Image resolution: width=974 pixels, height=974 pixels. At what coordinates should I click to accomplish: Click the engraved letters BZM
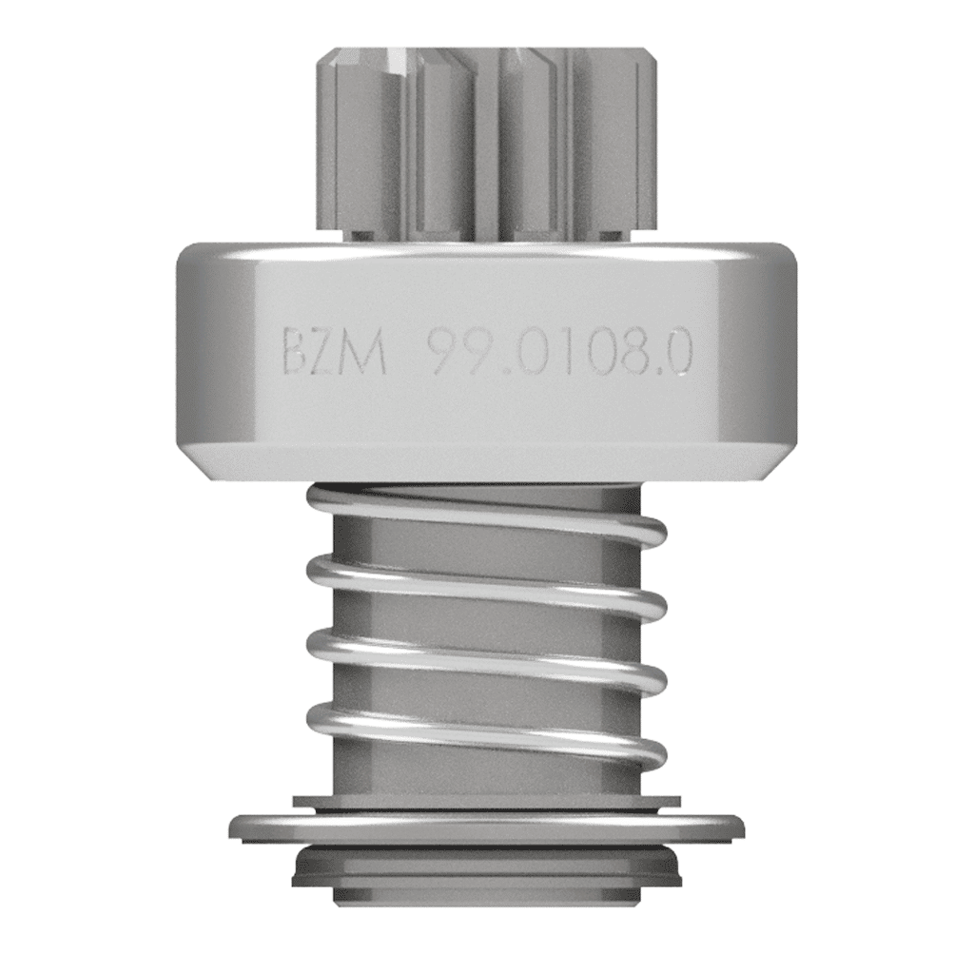tap(334, 352)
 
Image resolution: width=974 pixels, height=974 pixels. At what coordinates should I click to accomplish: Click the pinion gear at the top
tap(485, 143)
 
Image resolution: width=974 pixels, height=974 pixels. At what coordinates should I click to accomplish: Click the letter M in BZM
tap(368, 352)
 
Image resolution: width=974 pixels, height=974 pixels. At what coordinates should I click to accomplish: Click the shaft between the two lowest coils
tap(485, 699)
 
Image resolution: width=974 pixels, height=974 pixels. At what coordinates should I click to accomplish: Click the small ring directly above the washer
tap(486, 802)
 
